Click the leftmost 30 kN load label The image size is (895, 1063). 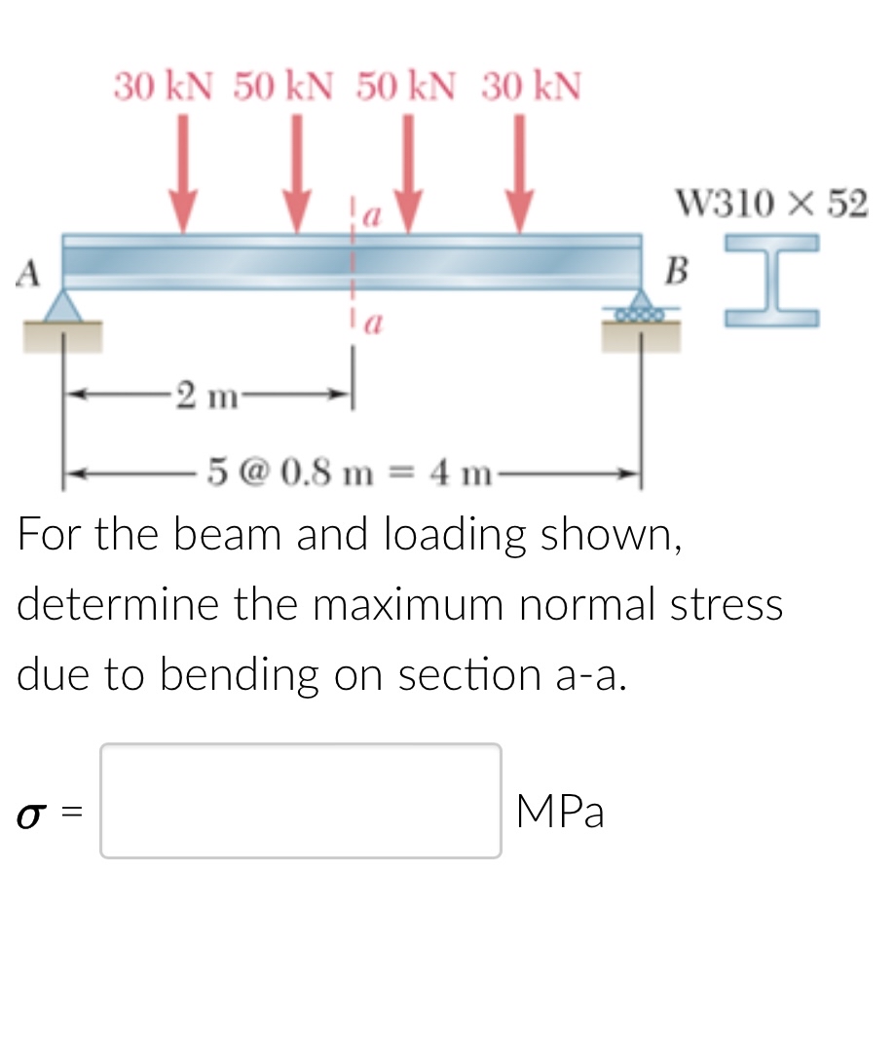pos(163,87)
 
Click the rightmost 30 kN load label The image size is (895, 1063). pos(532,87)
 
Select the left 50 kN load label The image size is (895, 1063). pos(282,87)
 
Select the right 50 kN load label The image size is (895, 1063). pos(405,87)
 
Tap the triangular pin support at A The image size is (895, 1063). pos(63,306)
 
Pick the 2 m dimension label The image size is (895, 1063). pos(207,396)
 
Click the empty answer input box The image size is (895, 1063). pos(301,801)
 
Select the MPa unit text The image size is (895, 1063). pos(560,812)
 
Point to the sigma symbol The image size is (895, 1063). pos(29,814)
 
